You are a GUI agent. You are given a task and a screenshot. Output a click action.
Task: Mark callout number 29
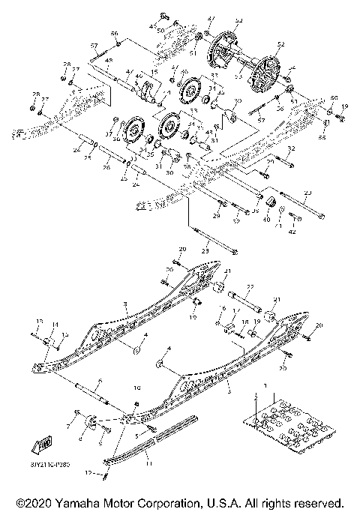pyautogui.click(x=217, y=216)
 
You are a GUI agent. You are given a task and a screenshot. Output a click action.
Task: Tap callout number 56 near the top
pyautogui.click(x=115, y=34)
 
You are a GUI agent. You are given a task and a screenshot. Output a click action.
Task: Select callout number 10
pyautogui.click(x=137, y=388)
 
